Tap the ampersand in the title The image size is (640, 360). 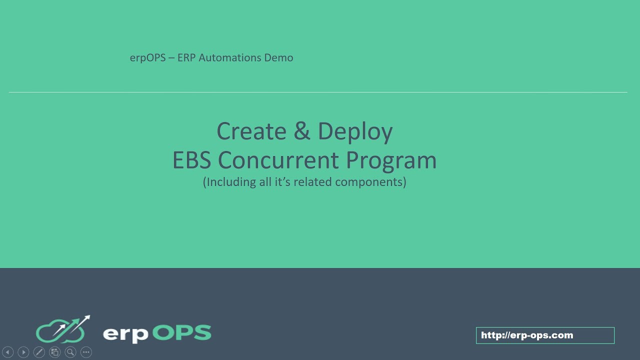(x=302, y=131)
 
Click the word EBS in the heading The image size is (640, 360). (x=192, y=160)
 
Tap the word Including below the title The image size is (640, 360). (x=229, y=182)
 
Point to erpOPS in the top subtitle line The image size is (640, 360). (x=147, y=58)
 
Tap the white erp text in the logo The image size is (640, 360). (x=125, y=334)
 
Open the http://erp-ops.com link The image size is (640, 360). (x=527, y=335)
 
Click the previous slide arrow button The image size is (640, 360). (x=7, y=352)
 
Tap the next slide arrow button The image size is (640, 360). (x=23, y=352)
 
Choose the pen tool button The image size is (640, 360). (x=39, y=352)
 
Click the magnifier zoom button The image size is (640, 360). (x=70, y=352)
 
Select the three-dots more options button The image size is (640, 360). (x=86, y=352)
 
